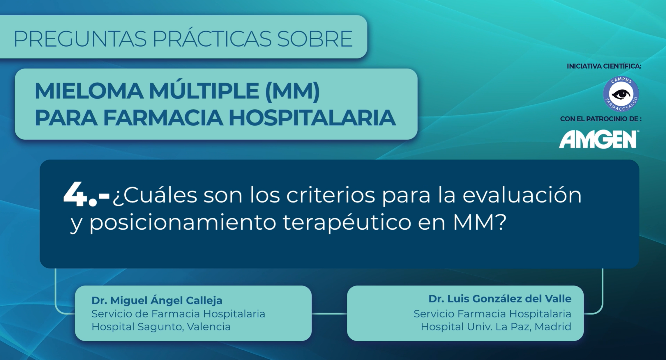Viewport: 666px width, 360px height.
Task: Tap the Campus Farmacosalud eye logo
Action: point(621,94)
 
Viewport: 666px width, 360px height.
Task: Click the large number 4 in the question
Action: point(75,195)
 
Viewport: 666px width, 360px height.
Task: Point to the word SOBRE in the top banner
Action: point(315,39)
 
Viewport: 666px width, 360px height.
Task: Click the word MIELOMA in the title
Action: point(89,91)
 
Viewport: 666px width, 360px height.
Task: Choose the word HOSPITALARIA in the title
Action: point(312,118)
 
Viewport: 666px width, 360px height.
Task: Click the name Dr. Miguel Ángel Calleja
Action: point(157,300)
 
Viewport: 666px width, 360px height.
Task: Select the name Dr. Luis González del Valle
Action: point(500,299)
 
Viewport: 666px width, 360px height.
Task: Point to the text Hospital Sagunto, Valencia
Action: point(161,327)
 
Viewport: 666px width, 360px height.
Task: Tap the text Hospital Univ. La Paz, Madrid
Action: point(496,327)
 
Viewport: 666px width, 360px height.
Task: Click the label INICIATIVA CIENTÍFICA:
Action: point(604,66)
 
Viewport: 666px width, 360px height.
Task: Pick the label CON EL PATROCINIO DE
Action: point(601,119)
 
